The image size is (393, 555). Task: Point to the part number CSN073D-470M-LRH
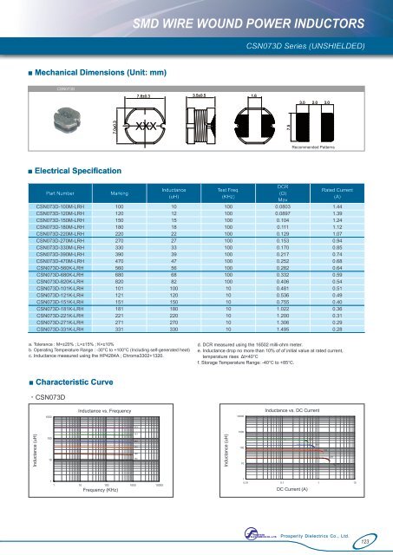pyautogui.click(x=61, y=259)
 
